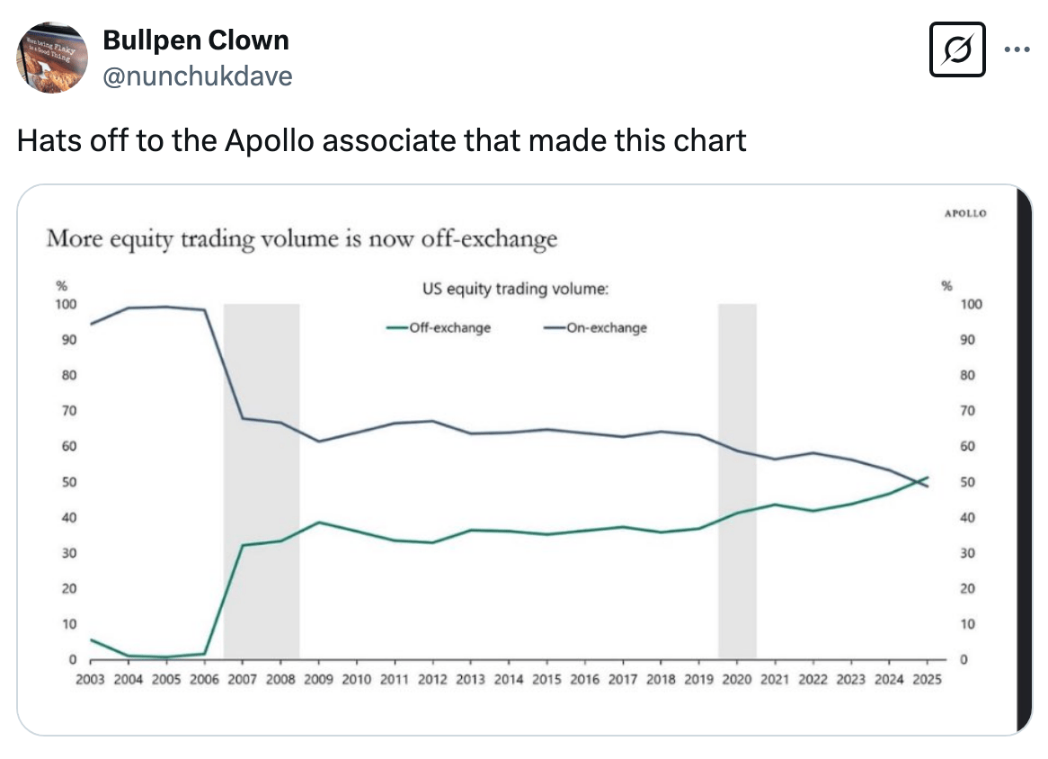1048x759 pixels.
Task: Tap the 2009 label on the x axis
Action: click(x=318, y=679)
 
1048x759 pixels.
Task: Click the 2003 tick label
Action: click(x=91, y=679)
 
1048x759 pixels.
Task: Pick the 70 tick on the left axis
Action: click(x=68, y=411)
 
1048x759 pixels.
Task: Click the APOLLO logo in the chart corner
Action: click(x=965, y=213)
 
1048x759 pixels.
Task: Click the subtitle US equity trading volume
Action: click(x=515, y=290)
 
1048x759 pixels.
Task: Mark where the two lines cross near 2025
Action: click(x=919, y=481)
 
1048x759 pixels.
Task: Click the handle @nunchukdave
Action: click(x=198, y=76)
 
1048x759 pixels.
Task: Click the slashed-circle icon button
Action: click(x=957, y=50)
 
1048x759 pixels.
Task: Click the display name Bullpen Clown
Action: click(x=196, y=40)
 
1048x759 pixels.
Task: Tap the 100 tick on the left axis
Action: click(x=67, y=304)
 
